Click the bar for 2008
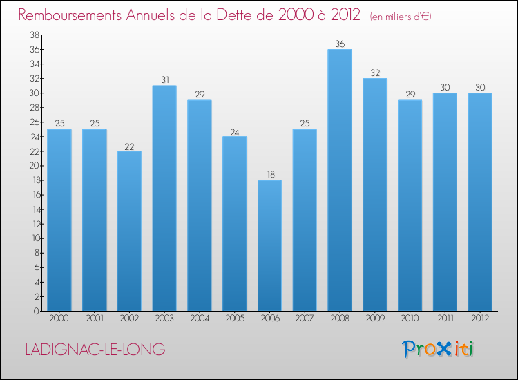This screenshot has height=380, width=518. click(x=339, y=180)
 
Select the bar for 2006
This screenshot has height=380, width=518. click(x=269, y=245)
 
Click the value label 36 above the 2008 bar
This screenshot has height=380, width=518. click(x=339, y=44)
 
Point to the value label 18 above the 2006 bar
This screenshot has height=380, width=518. click(x=269, y=175)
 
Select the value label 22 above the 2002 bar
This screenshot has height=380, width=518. click(x=129, y=146)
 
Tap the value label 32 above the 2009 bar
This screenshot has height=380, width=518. click(x=374, y=73)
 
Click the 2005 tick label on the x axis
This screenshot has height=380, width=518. click(x=234, y=319)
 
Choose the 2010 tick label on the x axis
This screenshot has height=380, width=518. click(x=410, y=319)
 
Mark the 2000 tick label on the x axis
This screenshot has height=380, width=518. click(x=59, y=319)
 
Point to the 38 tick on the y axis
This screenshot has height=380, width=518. click(x=34, y=35)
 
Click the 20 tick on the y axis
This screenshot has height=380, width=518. click(x=34, y=166)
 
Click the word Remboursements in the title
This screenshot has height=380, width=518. click(x=73, y=15)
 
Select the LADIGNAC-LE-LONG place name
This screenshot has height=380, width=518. click(x=95, y=350)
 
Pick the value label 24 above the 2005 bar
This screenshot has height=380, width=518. click(x=234, y=131)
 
